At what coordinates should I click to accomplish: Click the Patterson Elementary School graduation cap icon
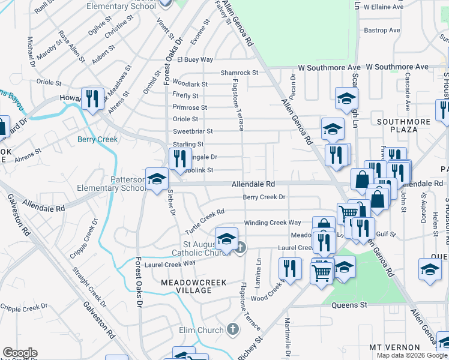157,179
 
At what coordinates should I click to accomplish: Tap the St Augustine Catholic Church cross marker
240,247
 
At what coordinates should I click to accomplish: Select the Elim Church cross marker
233,329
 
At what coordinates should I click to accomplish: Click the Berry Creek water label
98,139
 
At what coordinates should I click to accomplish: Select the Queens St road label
349,305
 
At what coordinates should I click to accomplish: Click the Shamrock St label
239,72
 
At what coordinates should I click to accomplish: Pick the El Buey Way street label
195,60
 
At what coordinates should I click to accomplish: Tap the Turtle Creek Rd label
204,216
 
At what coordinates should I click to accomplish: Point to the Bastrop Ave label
382,30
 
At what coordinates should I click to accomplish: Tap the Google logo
20,353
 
